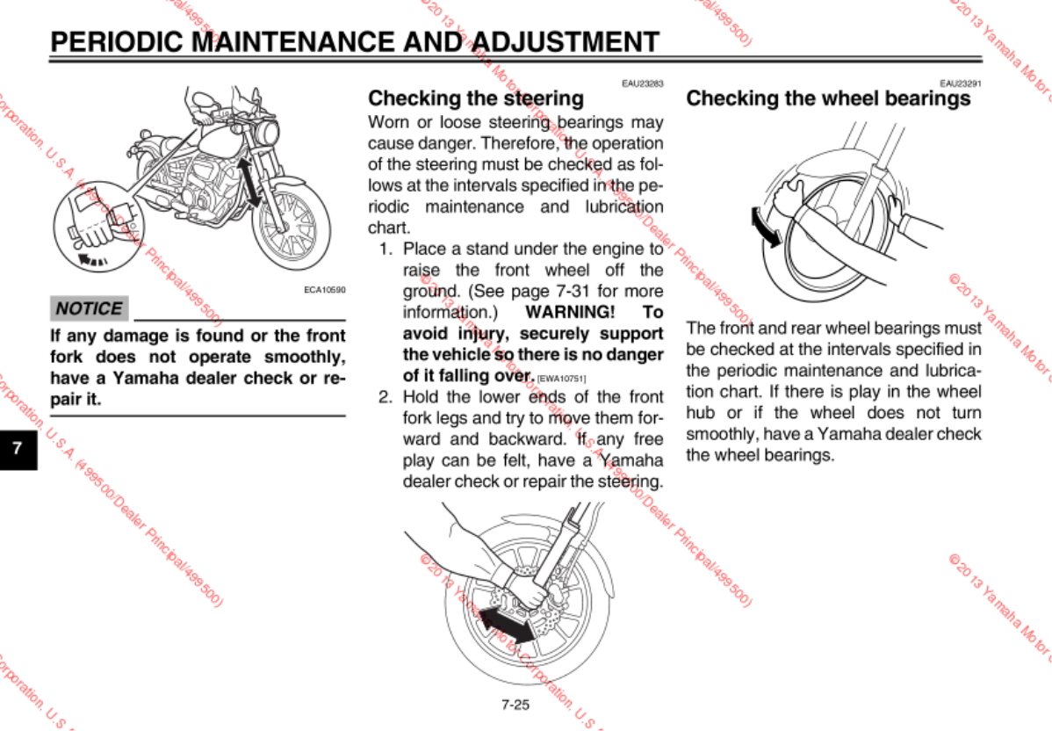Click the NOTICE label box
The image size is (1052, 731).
click(89, 308)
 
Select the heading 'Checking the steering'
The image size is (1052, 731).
click(475, 98)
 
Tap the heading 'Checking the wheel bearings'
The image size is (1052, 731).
click(828, 98)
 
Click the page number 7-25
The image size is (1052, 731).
click(515, 704)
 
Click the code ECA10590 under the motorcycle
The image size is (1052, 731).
click(325, 289)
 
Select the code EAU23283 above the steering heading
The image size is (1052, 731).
click(642, 83)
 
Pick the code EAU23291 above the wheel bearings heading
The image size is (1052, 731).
click(960, 83)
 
